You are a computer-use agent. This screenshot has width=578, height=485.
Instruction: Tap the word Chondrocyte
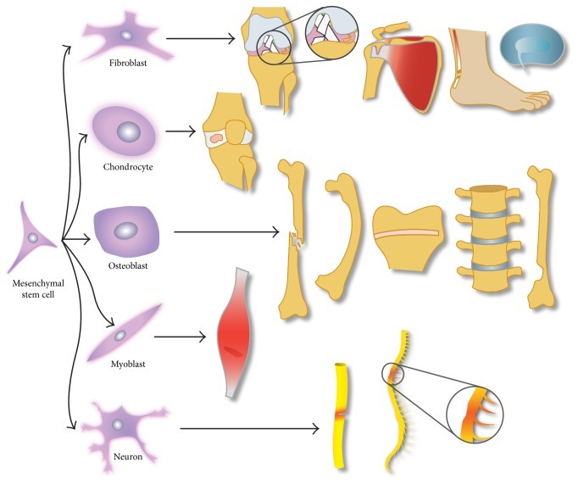point(129,166)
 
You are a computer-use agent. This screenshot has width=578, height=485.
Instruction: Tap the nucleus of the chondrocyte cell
point(129,131)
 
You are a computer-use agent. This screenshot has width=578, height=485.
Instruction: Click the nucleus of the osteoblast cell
point(125,231)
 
